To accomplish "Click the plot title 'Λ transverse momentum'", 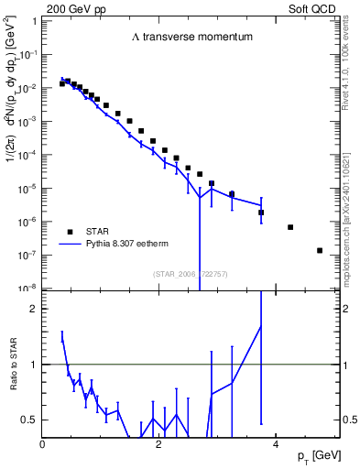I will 191,38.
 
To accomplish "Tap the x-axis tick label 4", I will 276,444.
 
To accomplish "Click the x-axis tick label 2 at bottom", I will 159,444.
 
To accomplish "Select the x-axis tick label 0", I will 43,444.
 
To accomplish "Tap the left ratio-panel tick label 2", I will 34,309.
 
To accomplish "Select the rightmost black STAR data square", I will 320,250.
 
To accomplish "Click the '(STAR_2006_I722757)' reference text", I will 191,273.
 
